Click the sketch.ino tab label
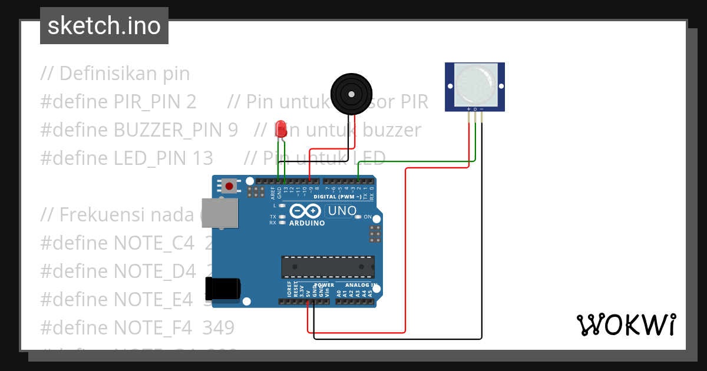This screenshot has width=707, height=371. coord(104,26)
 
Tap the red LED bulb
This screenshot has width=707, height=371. coord(281,128)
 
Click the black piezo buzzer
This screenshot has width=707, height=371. coord(351,94)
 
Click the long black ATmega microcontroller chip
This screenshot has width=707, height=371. coord(328,266)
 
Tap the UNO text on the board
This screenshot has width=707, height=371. coord(342,211)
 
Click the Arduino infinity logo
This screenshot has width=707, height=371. coord(305,211)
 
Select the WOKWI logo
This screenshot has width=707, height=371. coord(626,324)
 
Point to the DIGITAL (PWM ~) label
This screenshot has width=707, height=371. coord(338,197)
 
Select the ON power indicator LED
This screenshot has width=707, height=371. coord(358,217)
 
